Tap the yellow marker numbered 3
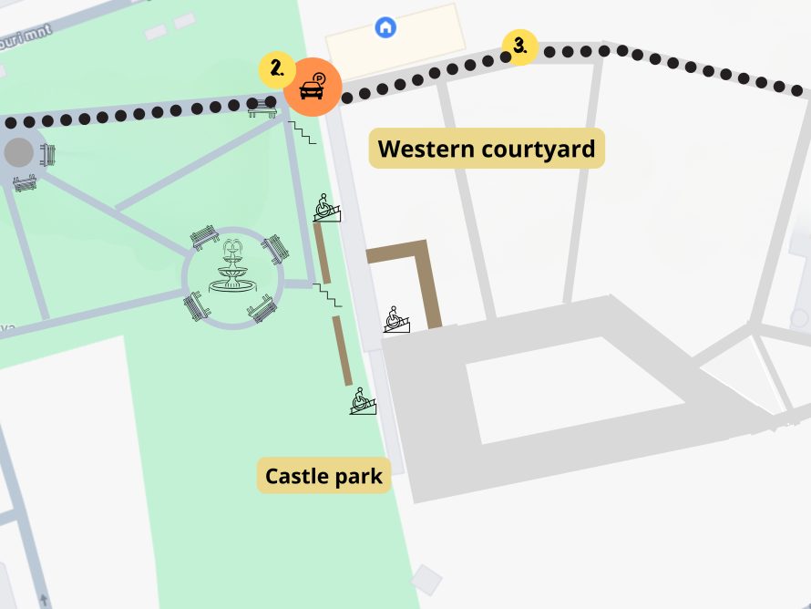point(519,46)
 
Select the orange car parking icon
point(313,88)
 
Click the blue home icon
point(385,27)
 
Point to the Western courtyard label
point(487,149)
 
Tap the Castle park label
point(323,475)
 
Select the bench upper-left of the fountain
point(205,237)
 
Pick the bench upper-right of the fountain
point(274,248)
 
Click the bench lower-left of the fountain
point(196,305)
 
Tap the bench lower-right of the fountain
point(262,310)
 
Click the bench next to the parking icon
point(262,108)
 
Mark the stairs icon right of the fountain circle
point(326,294)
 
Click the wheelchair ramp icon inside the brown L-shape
point(395,320)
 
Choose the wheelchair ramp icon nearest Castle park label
point(363,401)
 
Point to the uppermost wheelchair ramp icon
point(328,208)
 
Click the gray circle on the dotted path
point(18,152)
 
